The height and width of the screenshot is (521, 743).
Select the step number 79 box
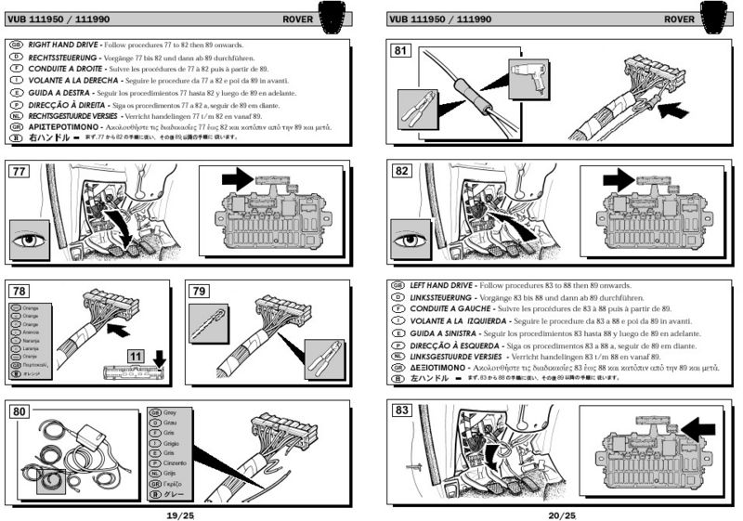coord(200,290)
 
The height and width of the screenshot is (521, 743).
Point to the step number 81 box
coord(401,50)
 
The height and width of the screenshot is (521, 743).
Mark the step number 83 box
coord(401,410)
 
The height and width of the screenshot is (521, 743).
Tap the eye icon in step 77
coord(31,240)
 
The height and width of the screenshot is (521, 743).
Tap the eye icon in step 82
coord(412,241)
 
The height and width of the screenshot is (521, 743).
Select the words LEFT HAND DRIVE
coord(440,285)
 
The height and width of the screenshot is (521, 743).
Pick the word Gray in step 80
coord(169,410)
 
